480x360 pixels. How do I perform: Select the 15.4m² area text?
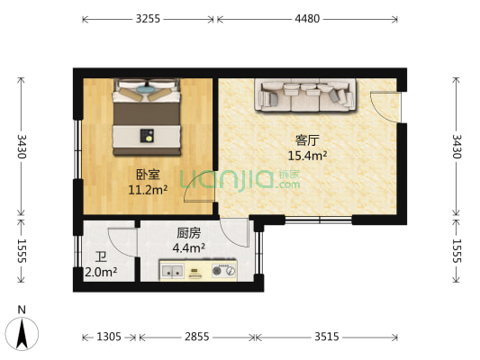[x=307, y=155]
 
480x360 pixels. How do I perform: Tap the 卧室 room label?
[x=149, y=175]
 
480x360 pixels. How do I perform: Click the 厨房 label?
[x=188, y=232]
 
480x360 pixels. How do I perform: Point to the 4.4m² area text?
[x=188, y=247]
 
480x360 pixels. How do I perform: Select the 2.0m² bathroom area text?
[x=101, y=272]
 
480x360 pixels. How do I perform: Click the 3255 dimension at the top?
[x=149, y=18]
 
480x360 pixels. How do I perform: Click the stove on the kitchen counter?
[x=222, y=269]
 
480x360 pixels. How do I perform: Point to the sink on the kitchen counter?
[x=174, y=269]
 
